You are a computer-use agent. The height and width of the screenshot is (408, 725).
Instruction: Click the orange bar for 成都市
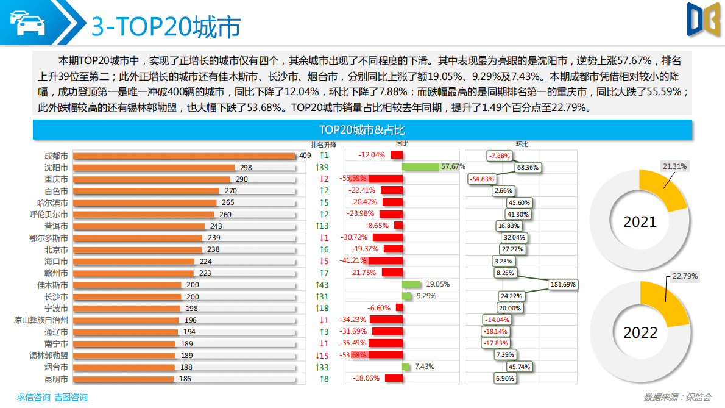point(183,156)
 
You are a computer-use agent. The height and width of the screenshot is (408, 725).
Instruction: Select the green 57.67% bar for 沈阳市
point(420,167)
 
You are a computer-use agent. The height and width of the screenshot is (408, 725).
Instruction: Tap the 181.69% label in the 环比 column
point(563,285)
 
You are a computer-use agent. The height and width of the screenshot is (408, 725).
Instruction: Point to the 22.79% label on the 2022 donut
point(685,276)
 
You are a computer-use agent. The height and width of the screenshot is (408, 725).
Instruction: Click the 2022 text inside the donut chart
point(640,332)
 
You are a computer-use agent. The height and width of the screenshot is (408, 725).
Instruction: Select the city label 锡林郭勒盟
point(49,355)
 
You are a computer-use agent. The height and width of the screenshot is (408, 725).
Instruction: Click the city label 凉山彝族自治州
point(41,320)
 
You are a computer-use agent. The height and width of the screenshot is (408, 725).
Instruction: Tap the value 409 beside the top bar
point(305,156)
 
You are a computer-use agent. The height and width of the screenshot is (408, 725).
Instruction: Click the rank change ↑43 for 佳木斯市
point(323,285)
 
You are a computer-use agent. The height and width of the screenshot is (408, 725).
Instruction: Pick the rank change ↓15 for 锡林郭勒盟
point(323,355)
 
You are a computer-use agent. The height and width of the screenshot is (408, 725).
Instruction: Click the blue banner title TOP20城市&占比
point(362,130)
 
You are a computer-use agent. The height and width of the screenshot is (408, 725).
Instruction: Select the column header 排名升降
point(324,145)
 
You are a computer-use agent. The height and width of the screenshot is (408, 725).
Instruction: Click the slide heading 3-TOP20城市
point(166,26)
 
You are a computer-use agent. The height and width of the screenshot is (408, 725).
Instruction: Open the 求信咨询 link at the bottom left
point(34,397)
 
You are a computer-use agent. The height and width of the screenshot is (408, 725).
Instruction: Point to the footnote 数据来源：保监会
point(677,397)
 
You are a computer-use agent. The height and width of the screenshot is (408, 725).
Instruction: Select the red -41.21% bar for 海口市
point(386,261)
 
